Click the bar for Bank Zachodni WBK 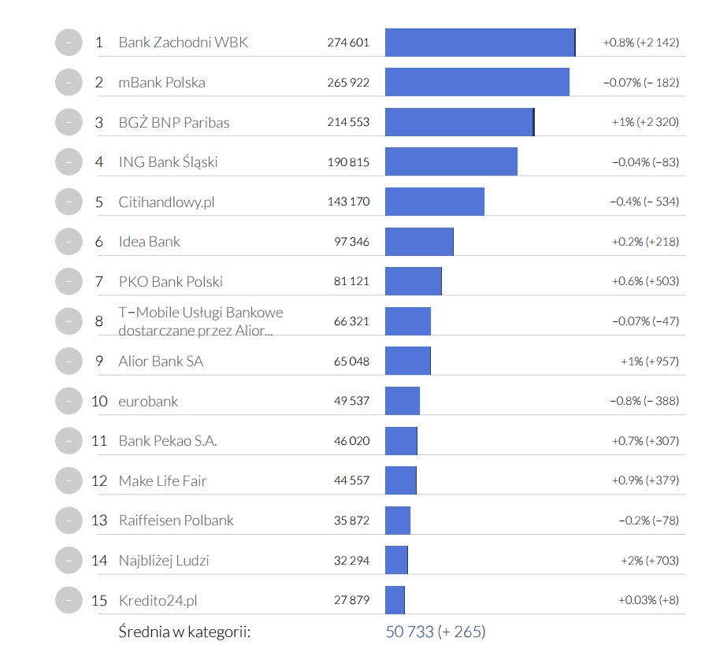480,43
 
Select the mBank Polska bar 477,82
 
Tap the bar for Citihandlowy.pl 435,202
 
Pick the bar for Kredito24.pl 395,600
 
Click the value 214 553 348,122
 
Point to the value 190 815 348,162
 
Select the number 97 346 351,241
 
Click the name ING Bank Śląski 168,162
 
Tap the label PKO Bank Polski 170,281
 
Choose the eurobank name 148,401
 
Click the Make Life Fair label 162,480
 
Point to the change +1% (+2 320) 645,122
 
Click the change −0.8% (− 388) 644,401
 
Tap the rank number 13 98,521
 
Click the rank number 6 98,241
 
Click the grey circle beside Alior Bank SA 69,361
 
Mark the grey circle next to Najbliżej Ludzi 69,560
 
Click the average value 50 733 410,632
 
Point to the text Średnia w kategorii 184,632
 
